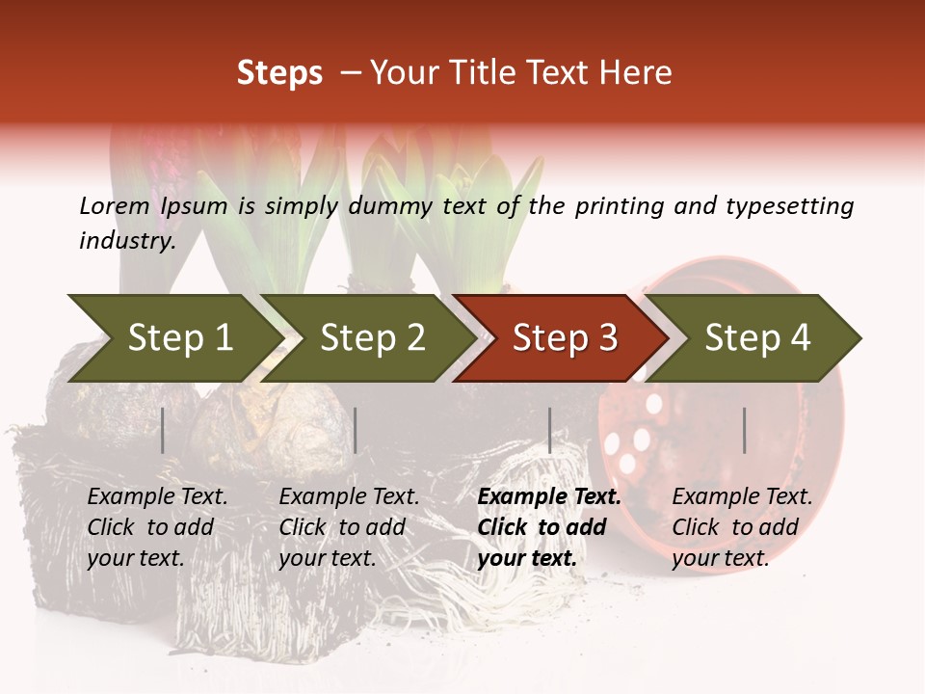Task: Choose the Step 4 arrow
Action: (x=757, y=338)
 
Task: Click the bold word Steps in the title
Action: (x=279, y=73)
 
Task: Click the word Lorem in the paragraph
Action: (x=115, y=205)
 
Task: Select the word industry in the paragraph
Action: (x=126, y=240)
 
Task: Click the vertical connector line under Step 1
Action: (x=163, y=430)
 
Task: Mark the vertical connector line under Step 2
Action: (x=356, y=430)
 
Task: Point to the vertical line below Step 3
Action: (x=549, y=430)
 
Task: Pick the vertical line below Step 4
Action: (x=744, y=430)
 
